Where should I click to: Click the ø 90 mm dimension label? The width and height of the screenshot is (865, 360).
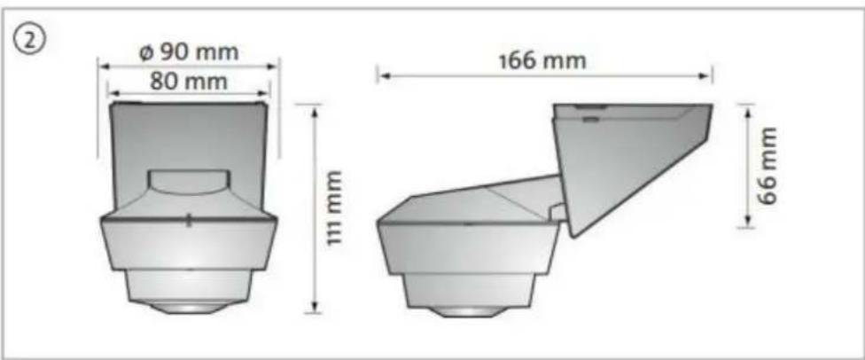point(189,52)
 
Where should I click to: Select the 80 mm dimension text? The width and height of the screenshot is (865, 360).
point(189,82)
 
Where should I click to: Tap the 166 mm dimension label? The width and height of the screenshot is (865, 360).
point(542,60)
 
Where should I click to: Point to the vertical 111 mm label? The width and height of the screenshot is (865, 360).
point(332,208)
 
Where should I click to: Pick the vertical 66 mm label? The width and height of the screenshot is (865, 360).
point(767,166)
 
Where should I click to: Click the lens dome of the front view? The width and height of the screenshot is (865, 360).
point(189,307)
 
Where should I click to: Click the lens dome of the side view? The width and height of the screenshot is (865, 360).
point(467,311)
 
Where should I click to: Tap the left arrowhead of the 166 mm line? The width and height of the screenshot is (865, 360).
point(384,75)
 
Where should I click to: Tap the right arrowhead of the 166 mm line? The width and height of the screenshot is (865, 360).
point(705,75)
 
